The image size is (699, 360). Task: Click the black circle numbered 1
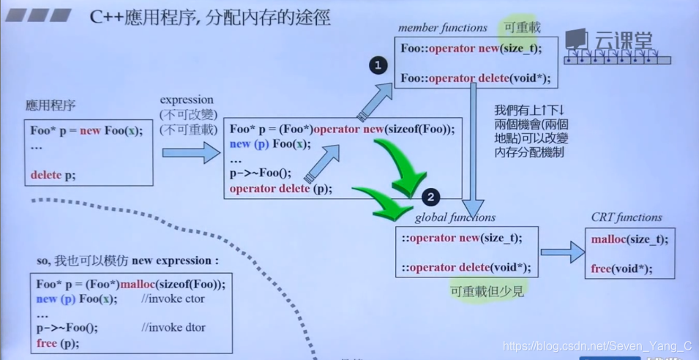coord(378,66)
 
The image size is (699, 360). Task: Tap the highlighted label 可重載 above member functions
coord(522,28)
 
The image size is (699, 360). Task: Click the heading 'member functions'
coord(442,28)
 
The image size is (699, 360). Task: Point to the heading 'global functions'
coord(455,217)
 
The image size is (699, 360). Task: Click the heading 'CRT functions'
coord(626,217)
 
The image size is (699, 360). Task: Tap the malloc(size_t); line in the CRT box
coord(629,239)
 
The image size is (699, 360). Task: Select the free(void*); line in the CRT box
coord(621,269)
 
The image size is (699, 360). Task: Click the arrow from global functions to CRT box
coord(562,252)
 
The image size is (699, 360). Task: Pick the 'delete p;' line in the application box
coord(53,175)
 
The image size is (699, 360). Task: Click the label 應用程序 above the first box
coord(50,106)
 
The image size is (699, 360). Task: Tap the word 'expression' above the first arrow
coord(187,100)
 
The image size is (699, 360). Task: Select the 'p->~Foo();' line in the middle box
coord(260,173)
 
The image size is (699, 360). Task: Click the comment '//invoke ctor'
coord(173,299)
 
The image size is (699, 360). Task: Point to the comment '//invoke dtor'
coord(173,328)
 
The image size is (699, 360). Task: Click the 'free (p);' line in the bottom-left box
coord(58,342)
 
